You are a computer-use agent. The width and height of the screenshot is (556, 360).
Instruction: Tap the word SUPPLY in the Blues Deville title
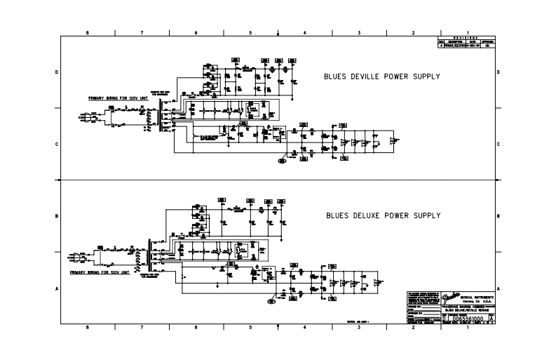click(424, 76)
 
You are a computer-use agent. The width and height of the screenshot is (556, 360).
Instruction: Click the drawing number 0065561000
click(463, 319)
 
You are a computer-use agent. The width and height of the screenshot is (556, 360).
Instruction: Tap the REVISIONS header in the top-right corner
click(466, 38)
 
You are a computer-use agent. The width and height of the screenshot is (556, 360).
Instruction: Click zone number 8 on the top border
click(87, 32)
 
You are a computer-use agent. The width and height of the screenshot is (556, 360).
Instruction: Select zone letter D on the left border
click(57, 72)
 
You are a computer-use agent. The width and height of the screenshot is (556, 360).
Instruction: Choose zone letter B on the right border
click(498, 216)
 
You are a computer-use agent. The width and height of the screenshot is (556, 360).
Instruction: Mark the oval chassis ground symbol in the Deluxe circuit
click(271, 302)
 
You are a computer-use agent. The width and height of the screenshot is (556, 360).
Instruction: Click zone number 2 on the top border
click(413, 32)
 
